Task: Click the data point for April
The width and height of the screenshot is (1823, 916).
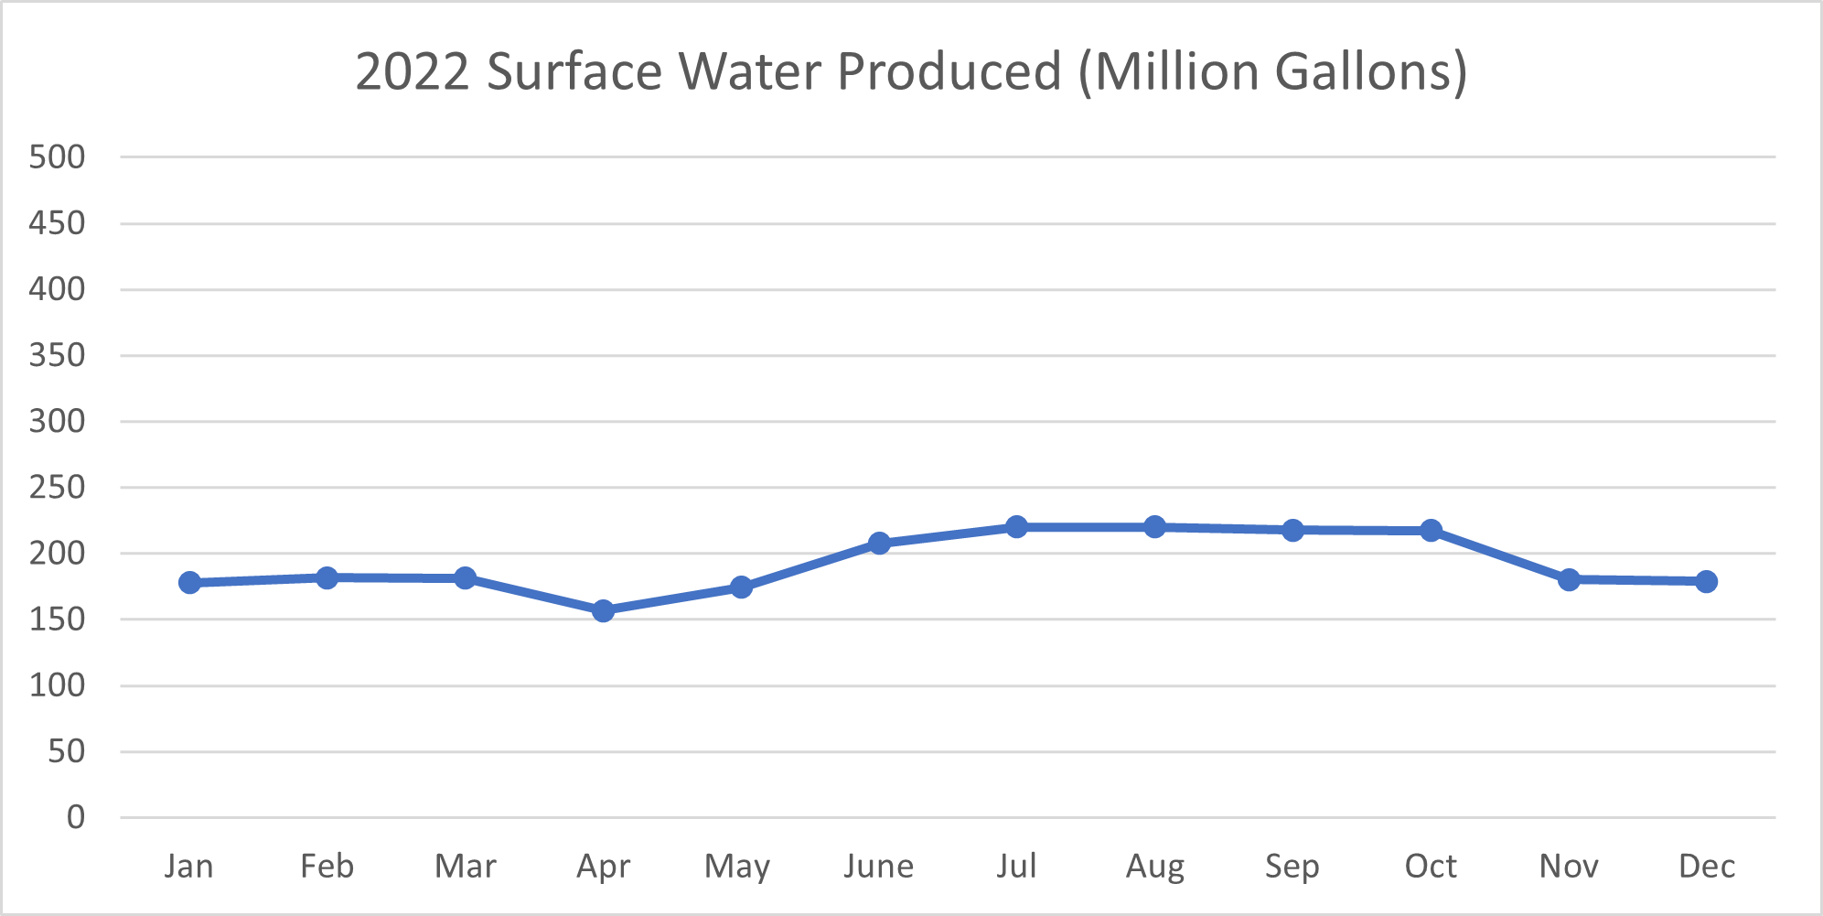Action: [x=603, y=610]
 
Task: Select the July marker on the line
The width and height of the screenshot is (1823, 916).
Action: [x=1016, y=527]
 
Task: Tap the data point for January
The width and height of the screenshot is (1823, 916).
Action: [x=189, y=583]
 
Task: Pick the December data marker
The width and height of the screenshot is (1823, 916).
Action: [x=1706, y=581]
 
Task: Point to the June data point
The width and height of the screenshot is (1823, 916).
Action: [x=879, y=544]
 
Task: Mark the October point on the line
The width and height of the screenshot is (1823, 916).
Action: [x=1431, y=531]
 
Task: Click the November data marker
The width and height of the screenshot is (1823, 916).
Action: [x=1569, y=579]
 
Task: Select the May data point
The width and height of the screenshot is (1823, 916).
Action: [x=741, y=587]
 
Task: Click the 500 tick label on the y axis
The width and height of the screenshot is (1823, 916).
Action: [x=57, y=156]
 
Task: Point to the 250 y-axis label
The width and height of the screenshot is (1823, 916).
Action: [x=57, y=487]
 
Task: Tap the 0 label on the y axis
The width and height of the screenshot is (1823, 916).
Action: [x=75, y=817]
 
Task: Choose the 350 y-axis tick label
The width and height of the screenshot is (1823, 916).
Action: [x=57, y=355]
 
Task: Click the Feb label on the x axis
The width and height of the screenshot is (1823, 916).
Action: [x=327, y=866]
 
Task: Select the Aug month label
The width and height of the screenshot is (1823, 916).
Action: [x=1154, y=866]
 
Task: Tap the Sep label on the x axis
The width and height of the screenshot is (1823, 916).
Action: [x=1292, y=866]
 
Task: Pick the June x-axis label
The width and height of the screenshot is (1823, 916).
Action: [x=878, y=866]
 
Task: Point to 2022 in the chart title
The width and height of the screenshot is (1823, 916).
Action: [x=413, y=71]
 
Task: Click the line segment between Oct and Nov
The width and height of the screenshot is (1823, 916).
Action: [x=1500, y=555]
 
